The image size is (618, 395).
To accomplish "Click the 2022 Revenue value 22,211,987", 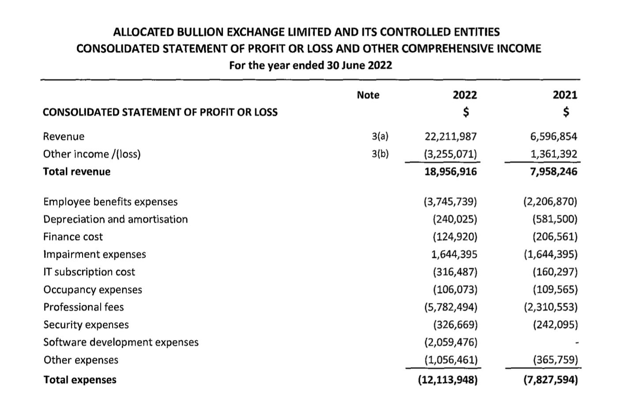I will (451, 137).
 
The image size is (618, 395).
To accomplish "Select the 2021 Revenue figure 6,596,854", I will (554, 137).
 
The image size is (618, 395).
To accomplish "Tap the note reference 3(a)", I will (380, 137).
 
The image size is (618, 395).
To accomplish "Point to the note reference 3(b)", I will (380, 154).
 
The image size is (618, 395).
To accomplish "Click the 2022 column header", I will (465, 95).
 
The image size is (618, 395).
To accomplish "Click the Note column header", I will (368, 95).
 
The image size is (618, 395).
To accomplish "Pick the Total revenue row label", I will (77, 172).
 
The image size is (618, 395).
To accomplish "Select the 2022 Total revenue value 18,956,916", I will (451, 172).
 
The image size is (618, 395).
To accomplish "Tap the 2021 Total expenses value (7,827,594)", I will (550, 380).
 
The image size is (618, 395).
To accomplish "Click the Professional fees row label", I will (83, 307).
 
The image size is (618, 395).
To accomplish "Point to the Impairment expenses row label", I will (94, 254).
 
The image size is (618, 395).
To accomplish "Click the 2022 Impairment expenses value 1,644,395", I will (454, 254).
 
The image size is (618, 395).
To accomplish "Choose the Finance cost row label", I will (73, 237).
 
